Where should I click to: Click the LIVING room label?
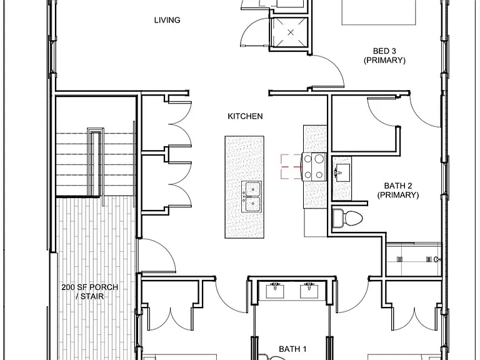click(x=167, y=20)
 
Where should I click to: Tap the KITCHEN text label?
click(x=245, y=116)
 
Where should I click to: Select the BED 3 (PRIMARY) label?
click(x=384, y=56)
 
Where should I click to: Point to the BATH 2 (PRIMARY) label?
click(x=398, y=190)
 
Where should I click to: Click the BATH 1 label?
click(x=292, y=349)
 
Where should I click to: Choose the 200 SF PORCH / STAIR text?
click(x=90, y=292)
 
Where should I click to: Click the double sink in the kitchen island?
click(x=251, y=196)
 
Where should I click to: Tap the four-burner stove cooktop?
click(x=314, y=166)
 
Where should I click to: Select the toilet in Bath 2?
click(x=347, y=218)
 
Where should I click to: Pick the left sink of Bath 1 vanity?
click(x=275, y=291)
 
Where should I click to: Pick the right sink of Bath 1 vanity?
click(x=309, y=291)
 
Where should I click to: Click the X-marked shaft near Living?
click(x=291, y=32)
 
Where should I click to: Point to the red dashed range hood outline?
click(x=291, y=166)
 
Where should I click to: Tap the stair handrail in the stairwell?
click(x=96, y=162)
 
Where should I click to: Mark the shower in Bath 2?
click(x=414, y=259)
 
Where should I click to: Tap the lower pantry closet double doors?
click(x=180, y=184)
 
